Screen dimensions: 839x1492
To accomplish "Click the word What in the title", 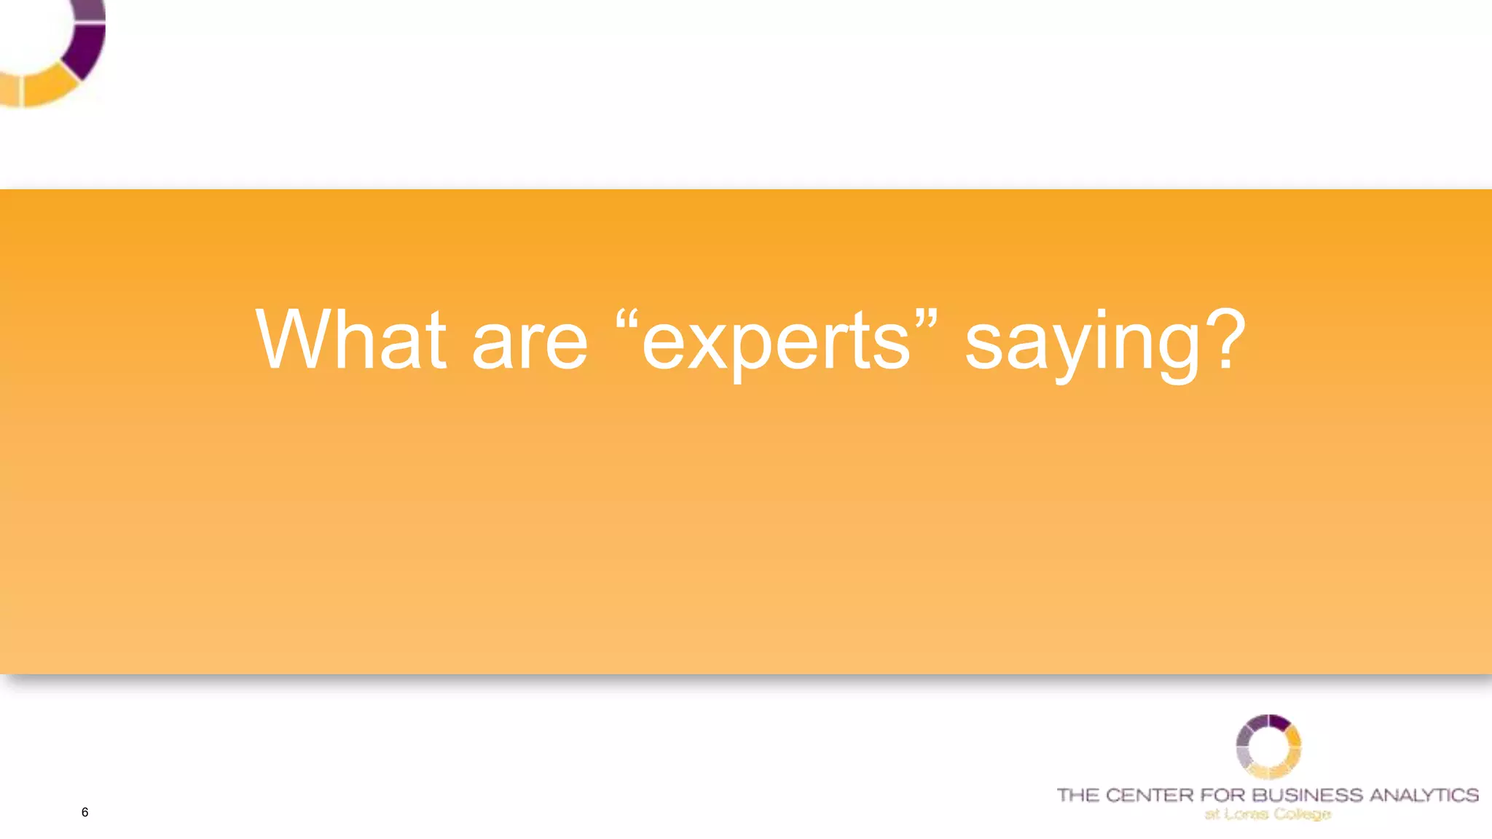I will (x=350, y=340).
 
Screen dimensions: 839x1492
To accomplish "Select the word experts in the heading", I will (x=776, y=344).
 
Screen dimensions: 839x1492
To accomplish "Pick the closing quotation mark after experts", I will (x=926, y=320).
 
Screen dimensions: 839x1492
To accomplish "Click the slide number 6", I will (x=85, y=812).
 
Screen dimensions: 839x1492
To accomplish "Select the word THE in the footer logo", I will (x=1077, y=795).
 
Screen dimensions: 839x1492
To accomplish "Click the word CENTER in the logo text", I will (x=1149, y=795).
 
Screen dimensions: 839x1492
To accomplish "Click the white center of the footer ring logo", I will (x=1268, y=747).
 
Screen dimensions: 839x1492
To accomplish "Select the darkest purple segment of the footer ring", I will (x=1279, y=722).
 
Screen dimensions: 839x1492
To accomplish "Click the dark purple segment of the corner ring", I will (x=86, y=50).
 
